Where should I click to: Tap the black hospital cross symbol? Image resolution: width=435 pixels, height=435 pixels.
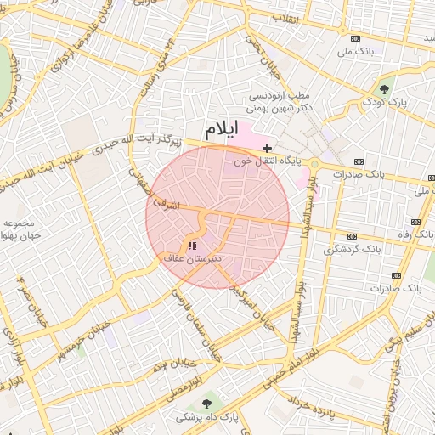pyautogui.click(x=268, y=148)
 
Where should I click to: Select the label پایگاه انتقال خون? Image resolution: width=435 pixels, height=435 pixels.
pyautogui.click(x=265, y=160)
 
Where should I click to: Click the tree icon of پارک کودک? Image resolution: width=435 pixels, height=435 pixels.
pyautogui.click(x=384, y=88)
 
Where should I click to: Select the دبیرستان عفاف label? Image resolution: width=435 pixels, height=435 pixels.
pyautogui.click(x=193, y=257)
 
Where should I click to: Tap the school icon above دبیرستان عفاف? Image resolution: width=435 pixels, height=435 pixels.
pyautogui.click(x=191, y=246)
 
